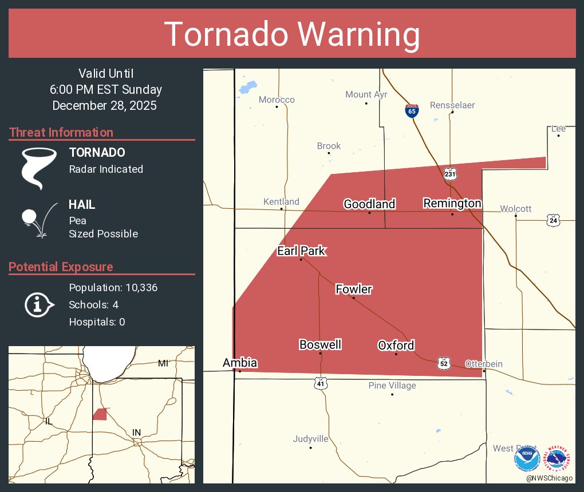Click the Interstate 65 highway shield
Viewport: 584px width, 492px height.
click(411, 110)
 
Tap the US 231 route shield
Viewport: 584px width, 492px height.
click(450, 173)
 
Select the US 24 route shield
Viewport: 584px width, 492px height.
click(553, 220)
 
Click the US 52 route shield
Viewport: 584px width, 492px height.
click(444, 363)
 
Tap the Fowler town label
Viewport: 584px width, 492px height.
click(353, 289)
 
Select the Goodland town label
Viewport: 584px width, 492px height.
click(369, 204)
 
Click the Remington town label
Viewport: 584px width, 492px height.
click(452, 204)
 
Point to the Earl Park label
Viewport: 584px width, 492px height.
click(301, 251)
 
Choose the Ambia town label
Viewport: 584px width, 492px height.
click(240, 363)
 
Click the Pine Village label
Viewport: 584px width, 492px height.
click(392, 386)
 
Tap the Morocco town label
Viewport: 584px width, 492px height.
click(277, 100)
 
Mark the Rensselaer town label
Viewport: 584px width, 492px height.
click(452, 105)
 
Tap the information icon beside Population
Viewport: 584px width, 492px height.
click(38, 304)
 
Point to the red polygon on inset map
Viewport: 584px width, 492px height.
click(100, 414)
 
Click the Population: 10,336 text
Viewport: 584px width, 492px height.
click(113, 287)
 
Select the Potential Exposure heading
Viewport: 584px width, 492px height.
click(61, 267)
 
